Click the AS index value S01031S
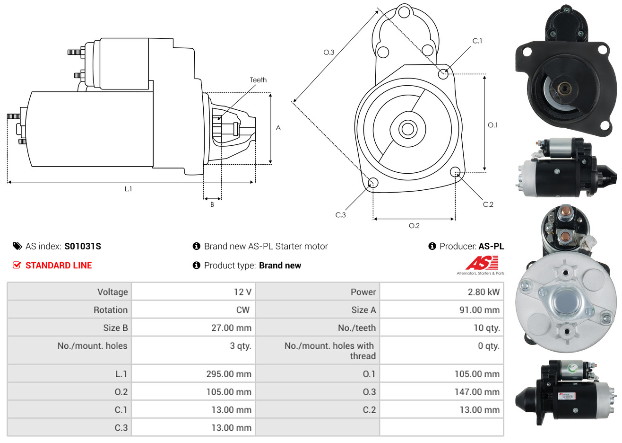82,247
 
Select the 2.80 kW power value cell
441,292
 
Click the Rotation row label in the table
111,310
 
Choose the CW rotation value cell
193,310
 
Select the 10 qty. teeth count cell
441,328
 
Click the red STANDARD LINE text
59,266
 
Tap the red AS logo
482,263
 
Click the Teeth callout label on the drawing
258,80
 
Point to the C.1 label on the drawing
477,41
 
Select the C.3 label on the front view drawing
340,215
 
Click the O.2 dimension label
414,226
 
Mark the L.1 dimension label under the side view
128,189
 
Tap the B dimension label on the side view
212,204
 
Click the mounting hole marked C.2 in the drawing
455,172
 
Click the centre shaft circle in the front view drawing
407,129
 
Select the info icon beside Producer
432,246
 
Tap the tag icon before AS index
17,247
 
